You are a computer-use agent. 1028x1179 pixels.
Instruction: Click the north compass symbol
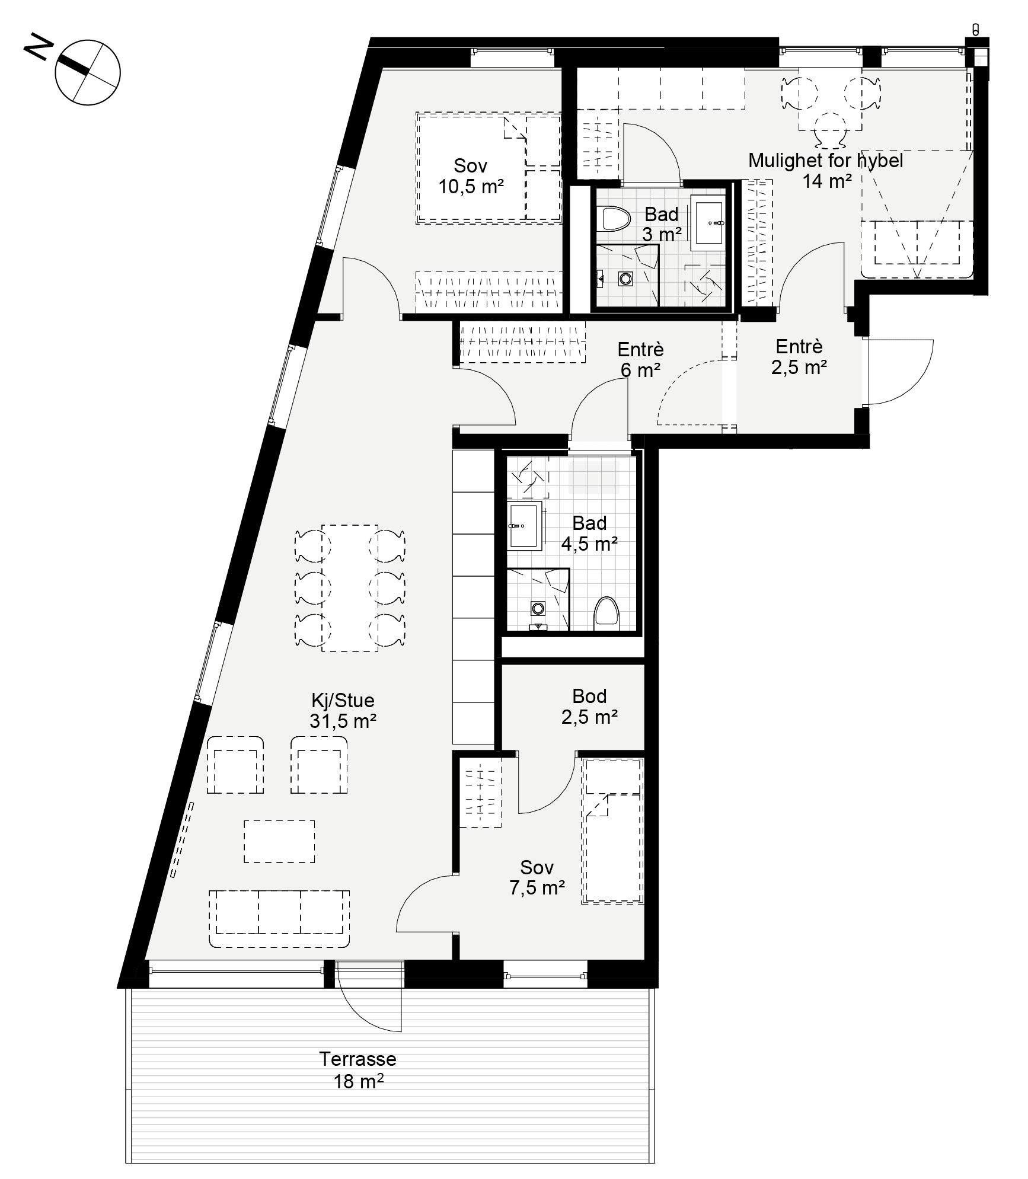tap(88, 73)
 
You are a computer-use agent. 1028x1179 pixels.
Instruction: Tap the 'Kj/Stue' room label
tap(343, 700)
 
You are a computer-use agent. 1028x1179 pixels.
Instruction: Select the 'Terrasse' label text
tap(357, 1058)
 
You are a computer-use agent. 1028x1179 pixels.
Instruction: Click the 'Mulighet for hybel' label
tap(825, 160)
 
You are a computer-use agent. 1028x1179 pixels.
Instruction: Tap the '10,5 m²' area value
tap(471, 187)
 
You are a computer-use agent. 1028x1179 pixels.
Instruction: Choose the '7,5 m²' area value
tap(537, 887)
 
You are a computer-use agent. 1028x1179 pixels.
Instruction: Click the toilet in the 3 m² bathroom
tap(614, 218)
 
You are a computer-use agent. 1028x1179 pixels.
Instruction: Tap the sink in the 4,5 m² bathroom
tap(525, 525)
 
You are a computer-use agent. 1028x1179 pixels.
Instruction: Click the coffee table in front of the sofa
tap(279, 841)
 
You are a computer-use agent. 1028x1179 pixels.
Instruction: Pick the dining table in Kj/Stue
tap(350, 588)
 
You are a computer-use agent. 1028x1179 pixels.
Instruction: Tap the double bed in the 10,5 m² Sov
tap(489, 168)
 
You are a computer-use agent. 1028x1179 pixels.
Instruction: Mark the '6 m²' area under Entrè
tap(640, 370)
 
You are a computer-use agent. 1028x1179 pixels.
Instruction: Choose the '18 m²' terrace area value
tap(358, 1082)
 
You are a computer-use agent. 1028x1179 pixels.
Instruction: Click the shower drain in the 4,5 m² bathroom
tap(538, 608)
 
